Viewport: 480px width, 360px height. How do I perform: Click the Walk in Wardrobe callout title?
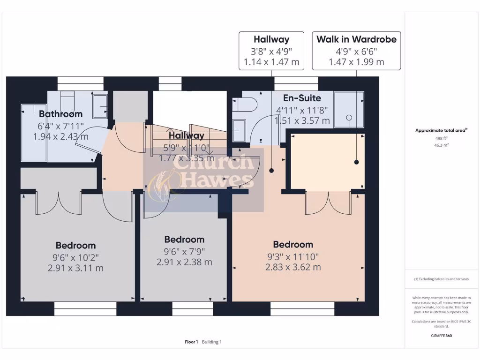(356, 39)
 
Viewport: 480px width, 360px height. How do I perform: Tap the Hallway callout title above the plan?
(271, 39)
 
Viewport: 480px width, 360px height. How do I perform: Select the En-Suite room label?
(302, 98)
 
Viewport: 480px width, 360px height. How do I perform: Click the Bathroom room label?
(60, 114)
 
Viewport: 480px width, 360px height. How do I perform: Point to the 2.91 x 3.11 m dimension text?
(75, 268)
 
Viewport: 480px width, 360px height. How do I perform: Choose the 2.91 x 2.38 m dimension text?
(184, 262)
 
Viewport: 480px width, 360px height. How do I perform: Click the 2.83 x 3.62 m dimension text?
(293, 267)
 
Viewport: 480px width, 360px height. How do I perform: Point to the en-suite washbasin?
(239, 127)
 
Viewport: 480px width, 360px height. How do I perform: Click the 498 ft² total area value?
(442, 139)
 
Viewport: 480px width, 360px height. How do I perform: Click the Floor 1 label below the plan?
(191, 342)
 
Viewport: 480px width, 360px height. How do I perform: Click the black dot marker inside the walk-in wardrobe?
(356, 162)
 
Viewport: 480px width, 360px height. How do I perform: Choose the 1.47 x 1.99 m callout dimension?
(356, 62)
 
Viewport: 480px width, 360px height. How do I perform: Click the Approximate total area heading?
(441, 131)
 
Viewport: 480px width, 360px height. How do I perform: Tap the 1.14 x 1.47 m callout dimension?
(271, 62)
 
